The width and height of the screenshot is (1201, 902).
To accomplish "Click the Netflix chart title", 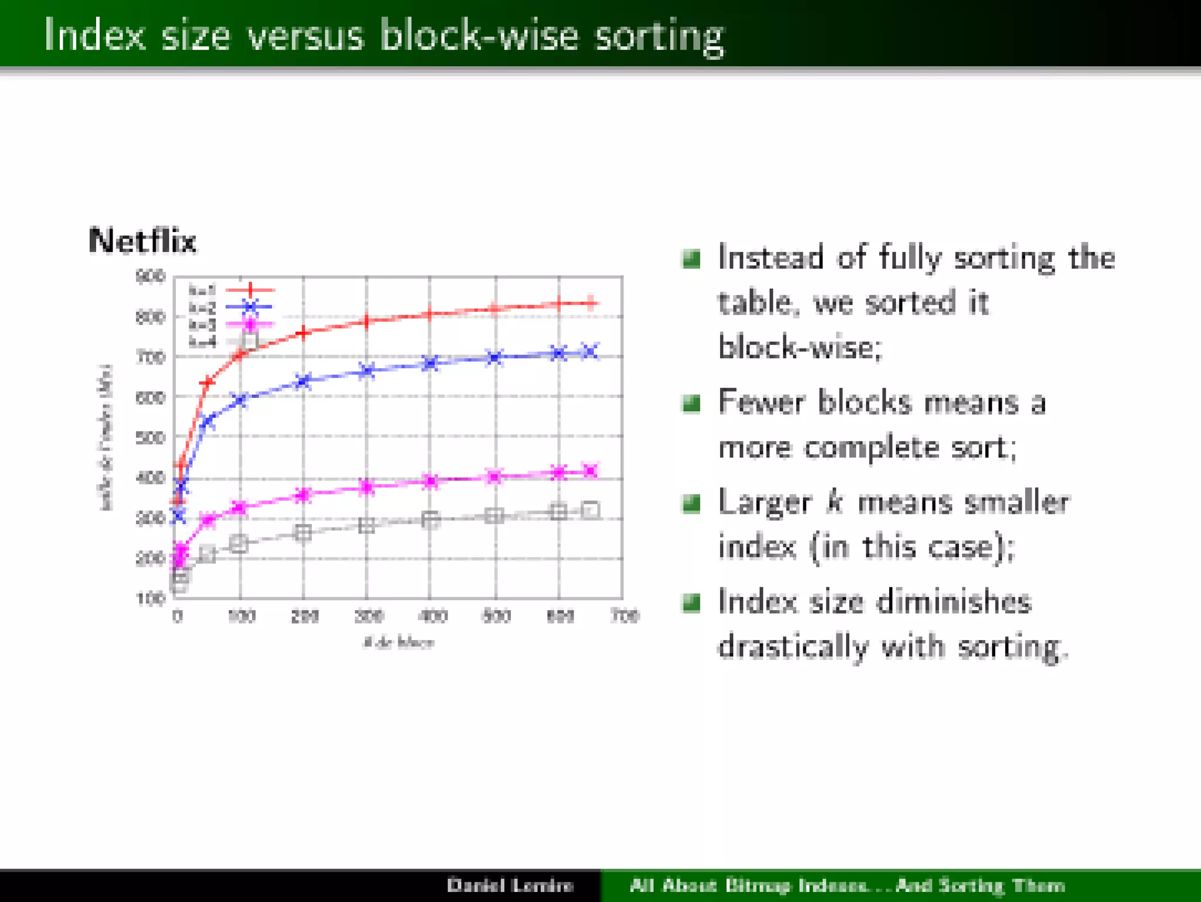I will click(142, 241).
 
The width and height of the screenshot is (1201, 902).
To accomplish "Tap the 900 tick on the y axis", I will click(150, 276).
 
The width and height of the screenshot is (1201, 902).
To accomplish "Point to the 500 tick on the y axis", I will click(150, 438).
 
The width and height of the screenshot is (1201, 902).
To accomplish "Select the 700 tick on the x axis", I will click(625, 616).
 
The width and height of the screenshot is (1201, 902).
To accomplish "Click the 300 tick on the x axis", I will click(368, 616).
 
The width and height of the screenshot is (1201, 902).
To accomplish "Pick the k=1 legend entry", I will click(230, 290).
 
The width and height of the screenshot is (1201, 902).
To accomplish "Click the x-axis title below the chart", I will click(398, 642).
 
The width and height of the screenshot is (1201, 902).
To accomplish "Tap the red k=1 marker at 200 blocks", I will click(303, 332).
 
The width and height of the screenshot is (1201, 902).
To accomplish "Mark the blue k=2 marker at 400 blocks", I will click(430, 363).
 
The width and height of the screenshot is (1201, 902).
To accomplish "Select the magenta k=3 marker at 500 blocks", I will click(495, 476).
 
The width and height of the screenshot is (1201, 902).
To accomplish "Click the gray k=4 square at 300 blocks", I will click(367, 525).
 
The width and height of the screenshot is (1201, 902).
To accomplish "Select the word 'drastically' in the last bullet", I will click(792, 646).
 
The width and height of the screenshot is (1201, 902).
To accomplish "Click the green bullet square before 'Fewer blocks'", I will click(691, 403).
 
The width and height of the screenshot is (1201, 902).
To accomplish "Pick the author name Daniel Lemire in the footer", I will click(510, 885).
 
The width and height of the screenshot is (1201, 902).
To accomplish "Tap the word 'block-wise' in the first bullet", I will click(799, 347).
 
